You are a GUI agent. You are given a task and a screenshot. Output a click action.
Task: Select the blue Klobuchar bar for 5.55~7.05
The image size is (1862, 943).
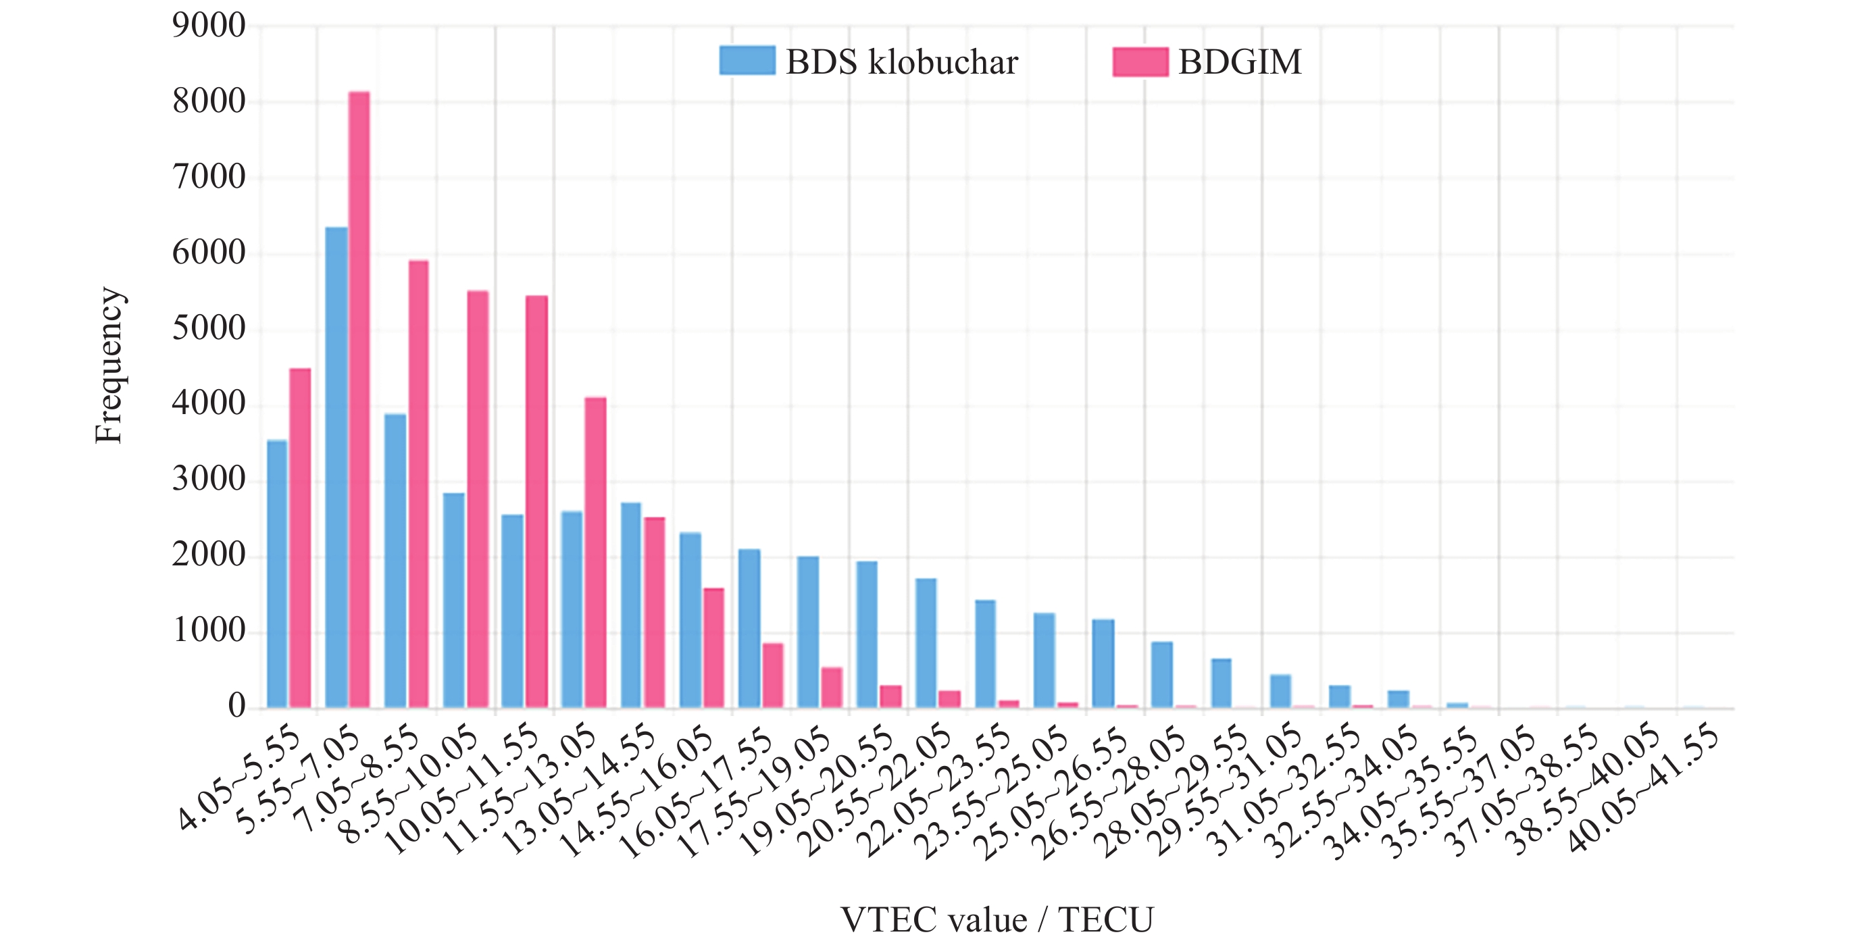pyautogui.click(x=336, y=467)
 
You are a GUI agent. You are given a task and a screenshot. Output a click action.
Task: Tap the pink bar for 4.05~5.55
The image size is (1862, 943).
pyautogui.click(x=300, y=538)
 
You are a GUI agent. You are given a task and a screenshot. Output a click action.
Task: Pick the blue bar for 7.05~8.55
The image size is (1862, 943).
pyautogui.click(x=395, y=561)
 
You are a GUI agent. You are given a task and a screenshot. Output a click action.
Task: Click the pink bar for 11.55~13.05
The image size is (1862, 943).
pyautogui.click(x=596, y=553)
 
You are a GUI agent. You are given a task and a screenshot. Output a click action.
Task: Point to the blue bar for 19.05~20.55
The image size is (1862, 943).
pyautogui.click(x=867, y=634)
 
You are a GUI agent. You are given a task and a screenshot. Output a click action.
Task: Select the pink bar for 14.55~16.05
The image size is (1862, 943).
pyautogui.click(x=713, y=648)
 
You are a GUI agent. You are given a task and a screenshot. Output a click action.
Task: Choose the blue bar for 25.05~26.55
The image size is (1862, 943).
pyautogui.click(x=1103, y=663)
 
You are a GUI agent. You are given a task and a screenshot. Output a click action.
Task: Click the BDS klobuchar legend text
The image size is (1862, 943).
pyautogui.click(x=901, y=62)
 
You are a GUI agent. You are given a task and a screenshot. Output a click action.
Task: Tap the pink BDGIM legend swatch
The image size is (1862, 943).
pyautogui.click(x=1140, y=62)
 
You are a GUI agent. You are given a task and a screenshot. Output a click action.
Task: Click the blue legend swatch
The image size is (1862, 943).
pyautogui.click(x=747, y=61)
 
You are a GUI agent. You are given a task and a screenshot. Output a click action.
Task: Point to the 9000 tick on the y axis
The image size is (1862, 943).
pyautogui.click(x=209, y=26)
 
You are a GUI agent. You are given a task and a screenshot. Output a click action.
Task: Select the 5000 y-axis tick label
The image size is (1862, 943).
pyautogui.click(x=209, y=329)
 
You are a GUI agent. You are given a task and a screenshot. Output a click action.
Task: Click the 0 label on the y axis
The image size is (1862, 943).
pyautogui.click(x=236, y=706)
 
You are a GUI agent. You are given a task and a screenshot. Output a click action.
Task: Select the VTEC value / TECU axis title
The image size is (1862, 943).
pyautogui.click(x=997, y=920)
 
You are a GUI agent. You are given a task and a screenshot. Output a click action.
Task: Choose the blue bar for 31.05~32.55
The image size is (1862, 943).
pyautogui.click(x=1339, y=696)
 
